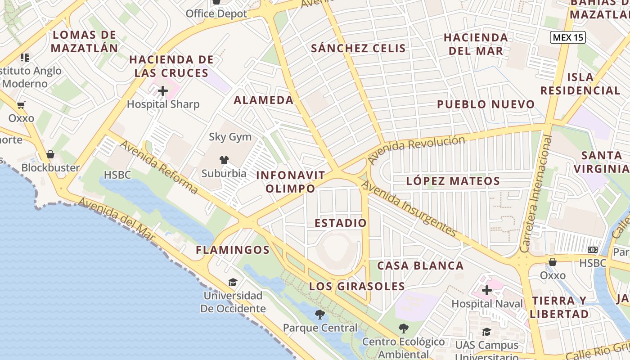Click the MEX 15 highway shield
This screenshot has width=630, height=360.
(567, 37)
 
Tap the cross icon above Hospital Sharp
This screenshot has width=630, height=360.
(163, 91)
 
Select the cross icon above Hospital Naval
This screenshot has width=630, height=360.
(486, 290)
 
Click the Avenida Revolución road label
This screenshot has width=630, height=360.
(416, 149)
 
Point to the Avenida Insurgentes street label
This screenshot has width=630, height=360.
(409, 208)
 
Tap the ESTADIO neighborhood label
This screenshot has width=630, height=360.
(341, 223)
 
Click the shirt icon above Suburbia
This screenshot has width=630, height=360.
(224, 160)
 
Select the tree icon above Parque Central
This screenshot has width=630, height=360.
(320, 315)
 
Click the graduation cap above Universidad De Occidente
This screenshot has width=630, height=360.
(233, 283)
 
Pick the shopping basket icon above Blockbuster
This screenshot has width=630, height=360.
(50, 154)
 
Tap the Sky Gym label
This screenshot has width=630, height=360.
(230, 137)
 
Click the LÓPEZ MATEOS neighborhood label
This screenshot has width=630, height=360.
(453, 181)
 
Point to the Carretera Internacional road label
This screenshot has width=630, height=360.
(536, 193)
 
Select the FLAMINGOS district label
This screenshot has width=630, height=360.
(233, 250)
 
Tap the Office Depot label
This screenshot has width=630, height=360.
(216, 13)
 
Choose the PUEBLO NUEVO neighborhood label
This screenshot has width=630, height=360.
(486, 105)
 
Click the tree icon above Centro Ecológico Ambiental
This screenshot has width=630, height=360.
(403, 328)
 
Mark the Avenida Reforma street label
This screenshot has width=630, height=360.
(158, 167)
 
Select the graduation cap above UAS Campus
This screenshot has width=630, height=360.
(486, 332)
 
